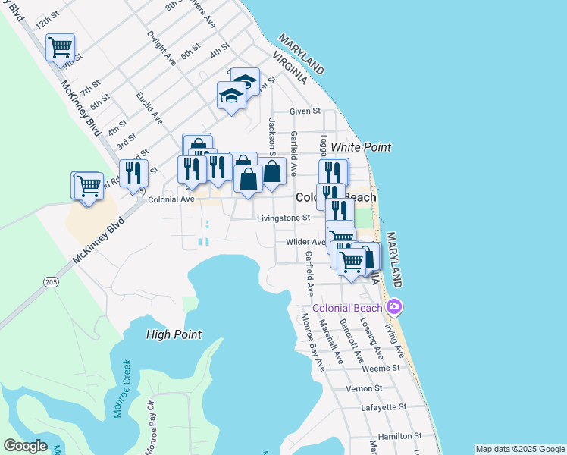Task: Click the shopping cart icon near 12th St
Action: [x=60, y=47]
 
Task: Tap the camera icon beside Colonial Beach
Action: [x=393, y=307]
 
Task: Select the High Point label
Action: [x=174, y=334]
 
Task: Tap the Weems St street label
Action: [x=381, y=368]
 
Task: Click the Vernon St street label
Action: [x=365, y=388]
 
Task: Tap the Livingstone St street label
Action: [x=283, y=218]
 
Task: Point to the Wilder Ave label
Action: [x=305, y=242]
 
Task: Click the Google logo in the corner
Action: [x=25, y=446]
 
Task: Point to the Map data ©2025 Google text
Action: [x=519, y=448]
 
